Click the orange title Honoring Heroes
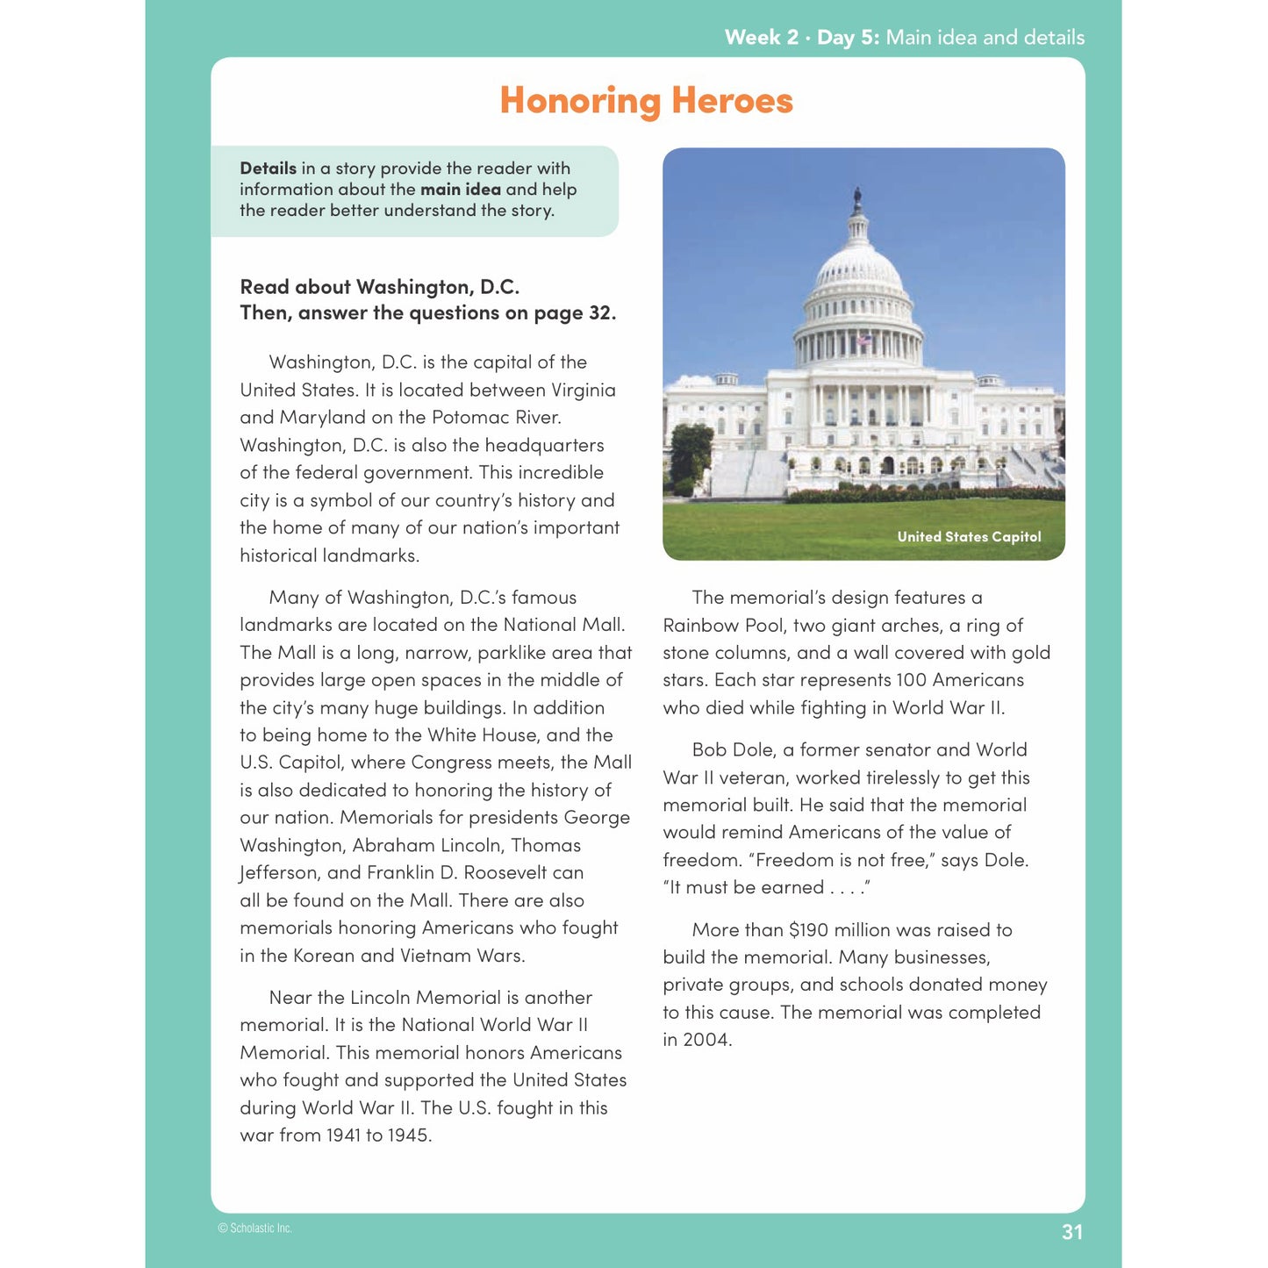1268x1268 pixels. pos(646,101)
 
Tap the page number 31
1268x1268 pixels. pos(1071,1232)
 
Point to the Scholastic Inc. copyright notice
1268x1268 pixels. pos(254,1229)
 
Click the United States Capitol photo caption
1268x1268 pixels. pos(969,537)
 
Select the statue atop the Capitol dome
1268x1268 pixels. pos(857,197)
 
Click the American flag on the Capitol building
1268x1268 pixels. pos(863,340)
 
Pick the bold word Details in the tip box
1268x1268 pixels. pos(268,168)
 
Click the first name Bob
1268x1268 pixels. pos(709,750)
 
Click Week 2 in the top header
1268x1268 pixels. pos(761,38)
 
